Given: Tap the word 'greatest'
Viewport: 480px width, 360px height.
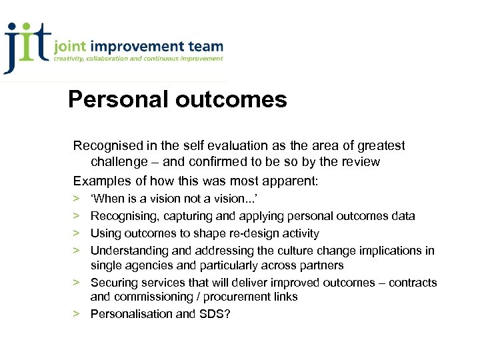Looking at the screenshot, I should click(x=381, y=145).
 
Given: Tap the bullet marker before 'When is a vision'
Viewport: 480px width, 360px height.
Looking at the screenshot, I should click(x=77, y=199).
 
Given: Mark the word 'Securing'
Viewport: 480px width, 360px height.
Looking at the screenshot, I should click(x=112, y=283).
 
